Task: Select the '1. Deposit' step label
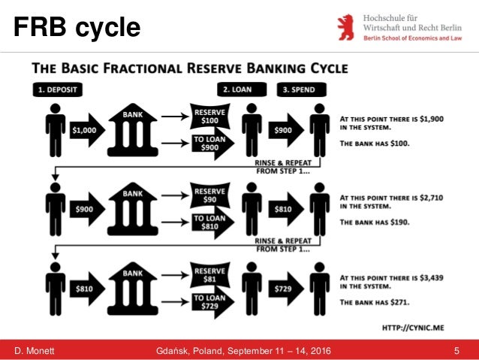coord(56,89)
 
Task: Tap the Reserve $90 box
coord(211,195)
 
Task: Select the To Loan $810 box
coord(211,223)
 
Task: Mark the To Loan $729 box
coord(211,303)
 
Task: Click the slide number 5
coord(457,351)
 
